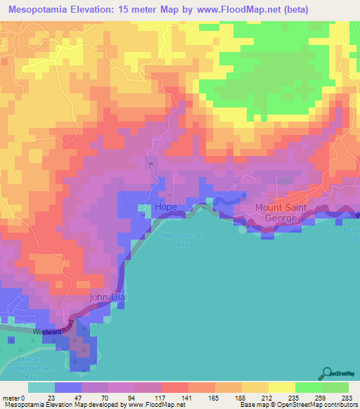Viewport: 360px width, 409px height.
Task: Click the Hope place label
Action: pyautogui.click(x=166, y=207)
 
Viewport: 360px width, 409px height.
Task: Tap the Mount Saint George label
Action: pyautogui.click(x=282, y=213)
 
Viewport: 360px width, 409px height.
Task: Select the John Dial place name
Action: pyautogui.click(x=108, y=297)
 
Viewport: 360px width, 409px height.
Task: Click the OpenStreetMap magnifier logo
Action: pyautogui.click(x=328, y=373)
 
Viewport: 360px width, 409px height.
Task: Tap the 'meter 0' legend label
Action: pyautogui.click(x=13, y=398)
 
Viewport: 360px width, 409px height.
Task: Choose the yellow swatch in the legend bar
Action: pyautogui.click(x=282, y=388)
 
